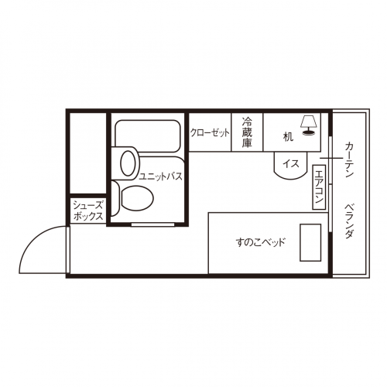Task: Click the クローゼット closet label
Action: pos(210,133)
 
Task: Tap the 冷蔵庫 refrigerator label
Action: pos(247,132)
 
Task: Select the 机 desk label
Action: pos(288,137)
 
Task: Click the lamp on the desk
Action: pos(309,125)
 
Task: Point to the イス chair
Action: pos(290,166)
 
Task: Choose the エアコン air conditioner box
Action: pos(319,187)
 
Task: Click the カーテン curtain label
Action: pos(349,159)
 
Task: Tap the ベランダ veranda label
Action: pos(349,221)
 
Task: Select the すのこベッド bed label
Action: pos(261,242)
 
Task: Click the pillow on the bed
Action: pos(310,242)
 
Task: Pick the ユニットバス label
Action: pos(161,176)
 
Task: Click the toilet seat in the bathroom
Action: pos(137,198)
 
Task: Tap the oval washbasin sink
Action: pos(128,163)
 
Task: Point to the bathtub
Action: pos(147,136)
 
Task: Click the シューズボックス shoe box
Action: pos(88,211)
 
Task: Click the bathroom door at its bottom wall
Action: pos(152,224)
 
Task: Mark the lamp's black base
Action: pos(309,133)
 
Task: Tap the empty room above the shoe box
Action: pos(88,153)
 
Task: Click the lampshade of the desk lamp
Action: pos(309,122)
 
